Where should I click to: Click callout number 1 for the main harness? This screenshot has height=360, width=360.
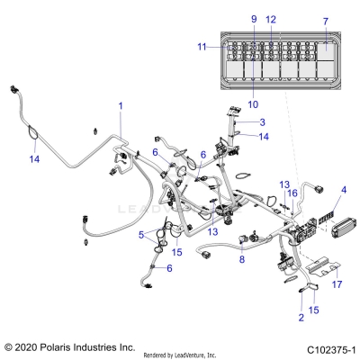[x=121, y=106]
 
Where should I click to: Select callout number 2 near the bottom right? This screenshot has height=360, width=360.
[x=301, y=319]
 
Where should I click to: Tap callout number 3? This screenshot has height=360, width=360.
[x=262, y=122]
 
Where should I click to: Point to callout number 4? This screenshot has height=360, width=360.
[x=343, y=190]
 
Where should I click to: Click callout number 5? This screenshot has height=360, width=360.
[x=140, y=235]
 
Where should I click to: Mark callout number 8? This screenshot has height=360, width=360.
[x=241, y=259]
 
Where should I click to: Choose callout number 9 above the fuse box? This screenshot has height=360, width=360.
[x=253, y=19]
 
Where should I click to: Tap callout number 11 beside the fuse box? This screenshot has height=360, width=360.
[x=202, y=46]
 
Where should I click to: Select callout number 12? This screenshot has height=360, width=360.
[x=271, y=19]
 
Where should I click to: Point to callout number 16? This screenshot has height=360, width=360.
[x=291, y=193]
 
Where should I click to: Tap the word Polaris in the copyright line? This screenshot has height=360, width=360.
[x=67, y=346]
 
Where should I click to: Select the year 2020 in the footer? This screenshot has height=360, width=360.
[x=32, y=346]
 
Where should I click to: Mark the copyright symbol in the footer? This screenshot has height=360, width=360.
[x=9, y=346]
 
